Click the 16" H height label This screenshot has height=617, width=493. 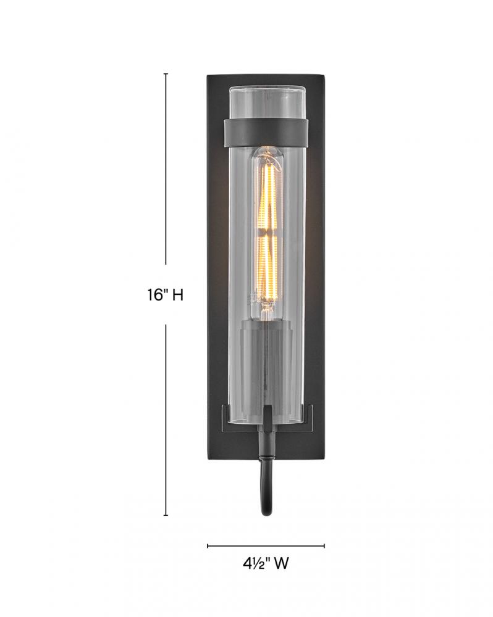(166, 294)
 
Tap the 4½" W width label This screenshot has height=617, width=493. (266, 563)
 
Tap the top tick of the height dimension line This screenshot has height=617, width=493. (166, 73)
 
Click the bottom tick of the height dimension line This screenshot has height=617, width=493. (166, 515)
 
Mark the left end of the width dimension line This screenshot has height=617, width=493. (208, 546)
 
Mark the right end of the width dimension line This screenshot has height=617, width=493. (324, 546)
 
